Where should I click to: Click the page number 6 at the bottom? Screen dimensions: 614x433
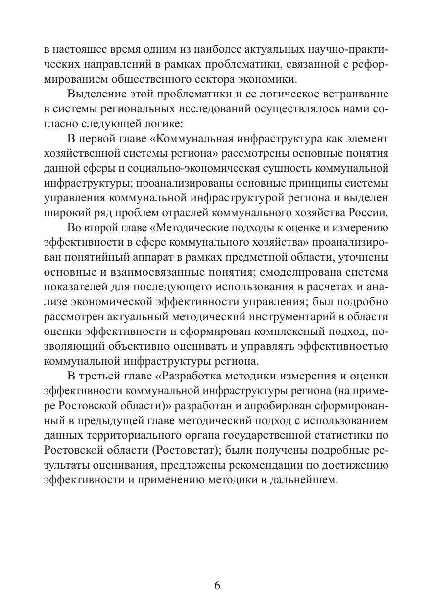click(217, 586)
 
